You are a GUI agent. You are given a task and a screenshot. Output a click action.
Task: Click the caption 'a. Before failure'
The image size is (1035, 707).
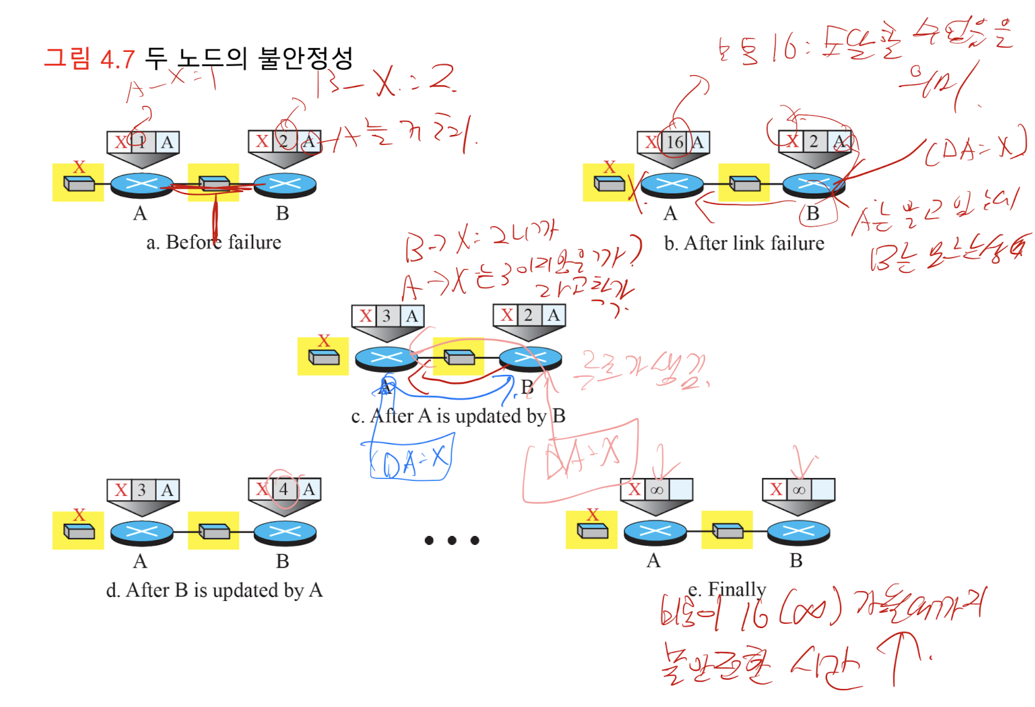click(213, 242)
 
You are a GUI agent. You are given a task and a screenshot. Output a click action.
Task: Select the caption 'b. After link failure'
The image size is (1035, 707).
click(744, 244)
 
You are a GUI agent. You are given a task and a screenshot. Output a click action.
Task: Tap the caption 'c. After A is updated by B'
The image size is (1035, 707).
click(458, 416)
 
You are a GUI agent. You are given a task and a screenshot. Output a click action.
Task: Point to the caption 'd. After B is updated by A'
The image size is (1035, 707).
click(214, 590)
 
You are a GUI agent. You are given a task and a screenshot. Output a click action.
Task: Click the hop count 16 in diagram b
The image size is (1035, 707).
click(675, 143)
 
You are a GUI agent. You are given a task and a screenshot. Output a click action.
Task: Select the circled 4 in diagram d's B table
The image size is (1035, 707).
click(284, 490)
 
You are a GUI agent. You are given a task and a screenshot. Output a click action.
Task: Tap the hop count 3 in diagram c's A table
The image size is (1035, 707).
click(387, 316)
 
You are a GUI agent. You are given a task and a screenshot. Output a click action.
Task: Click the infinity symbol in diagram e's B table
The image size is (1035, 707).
click(799, 490)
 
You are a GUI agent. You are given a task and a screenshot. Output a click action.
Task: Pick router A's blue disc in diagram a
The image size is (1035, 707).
click(141, 184)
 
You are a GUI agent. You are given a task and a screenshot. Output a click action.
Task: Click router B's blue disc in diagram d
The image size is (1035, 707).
click(284, 531)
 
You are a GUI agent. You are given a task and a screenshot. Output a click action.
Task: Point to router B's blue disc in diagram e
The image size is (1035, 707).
click(798, 531)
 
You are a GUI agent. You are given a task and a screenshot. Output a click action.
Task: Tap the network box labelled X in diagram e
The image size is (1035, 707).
click(592, 530)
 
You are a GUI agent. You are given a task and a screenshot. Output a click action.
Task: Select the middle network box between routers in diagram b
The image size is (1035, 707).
click(744, 183)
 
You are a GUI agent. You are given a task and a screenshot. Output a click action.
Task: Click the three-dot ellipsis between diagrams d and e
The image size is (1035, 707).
click(452, 540)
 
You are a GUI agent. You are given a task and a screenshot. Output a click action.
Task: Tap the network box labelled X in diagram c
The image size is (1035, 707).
click(323, 357)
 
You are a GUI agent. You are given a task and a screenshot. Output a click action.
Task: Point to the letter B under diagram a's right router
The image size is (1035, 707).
click(282, 213)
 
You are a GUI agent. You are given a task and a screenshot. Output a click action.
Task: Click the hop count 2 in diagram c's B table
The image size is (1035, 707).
click(528, 315)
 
